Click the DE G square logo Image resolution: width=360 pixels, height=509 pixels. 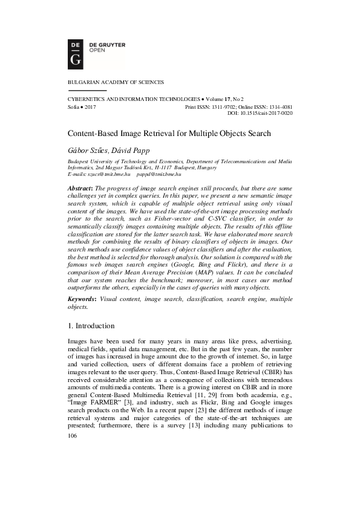click(x=76, y=52)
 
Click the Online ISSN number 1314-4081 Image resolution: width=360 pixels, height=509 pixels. click(x=279, y=106)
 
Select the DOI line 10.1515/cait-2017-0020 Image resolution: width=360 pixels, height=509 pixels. click(x=268, y=112)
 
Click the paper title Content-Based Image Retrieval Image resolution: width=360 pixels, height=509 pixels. click(x=168, y=133)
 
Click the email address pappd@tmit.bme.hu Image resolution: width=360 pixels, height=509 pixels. click(x=159, y=174)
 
